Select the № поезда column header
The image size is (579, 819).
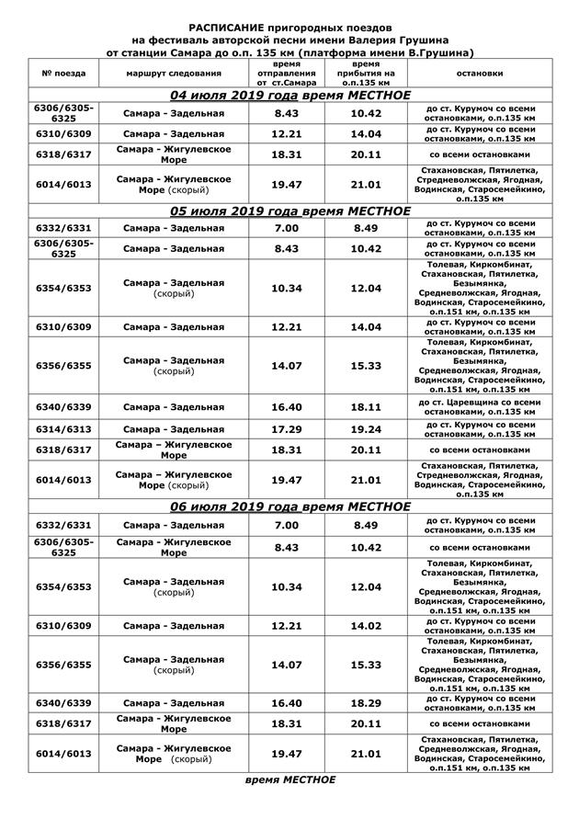pos(64,72)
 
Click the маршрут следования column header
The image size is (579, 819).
pos(165,72)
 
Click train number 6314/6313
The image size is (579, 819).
pos(64,429)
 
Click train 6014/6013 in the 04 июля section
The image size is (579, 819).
pos(64,185)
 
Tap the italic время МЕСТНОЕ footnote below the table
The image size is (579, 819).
pos(290,779)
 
